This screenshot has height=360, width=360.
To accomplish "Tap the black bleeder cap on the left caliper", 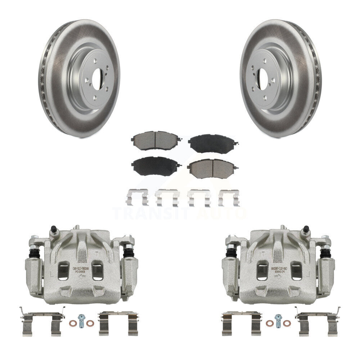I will [54, 229].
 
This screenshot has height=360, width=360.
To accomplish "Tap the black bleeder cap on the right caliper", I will [306, 229].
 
